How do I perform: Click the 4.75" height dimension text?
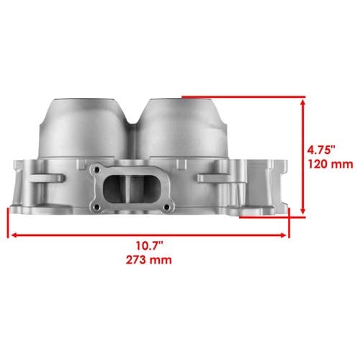321,150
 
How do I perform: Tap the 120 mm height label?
330,164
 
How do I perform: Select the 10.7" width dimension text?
150,246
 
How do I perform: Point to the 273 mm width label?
149,260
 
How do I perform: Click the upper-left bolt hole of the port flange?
96,170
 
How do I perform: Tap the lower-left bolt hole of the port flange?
96,207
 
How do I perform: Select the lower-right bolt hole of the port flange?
166,207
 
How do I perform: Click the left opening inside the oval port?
114,189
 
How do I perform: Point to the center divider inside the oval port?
131,189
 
